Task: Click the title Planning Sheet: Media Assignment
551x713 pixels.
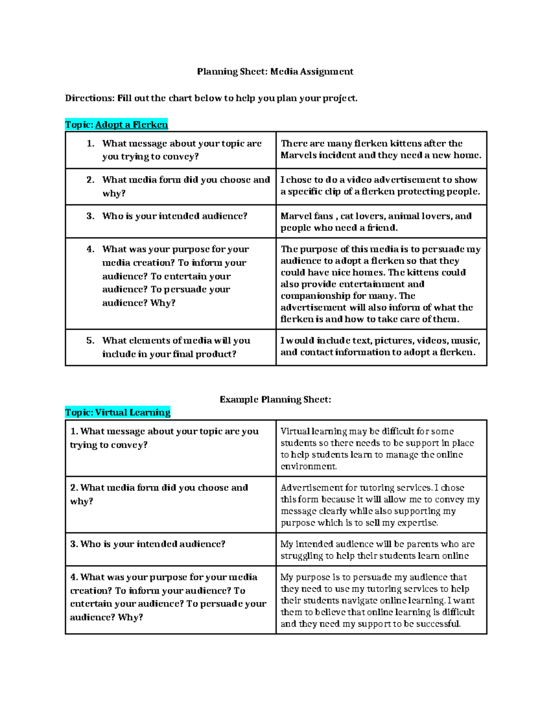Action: [275, 72]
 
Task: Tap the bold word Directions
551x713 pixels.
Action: [89, 98]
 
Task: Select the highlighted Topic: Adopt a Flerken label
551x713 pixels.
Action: [117, 125]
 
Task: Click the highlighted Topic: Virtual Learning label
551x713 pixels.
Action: [118, 412]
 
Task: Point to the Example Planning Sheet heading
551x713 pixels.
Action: [275, 399]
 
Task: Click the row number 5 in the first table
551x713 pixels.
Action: [90, 341]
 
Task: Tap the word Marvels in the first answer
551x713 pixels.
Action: [298, 155]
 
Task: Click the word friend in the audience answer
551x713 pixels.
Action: [381, 228]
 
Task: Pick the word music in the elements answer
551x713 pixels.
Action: [465, 341]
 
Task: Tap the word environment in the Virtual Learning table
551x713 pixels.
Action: [308, 466]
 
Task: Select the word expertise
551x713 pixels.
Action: [418, 523]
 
